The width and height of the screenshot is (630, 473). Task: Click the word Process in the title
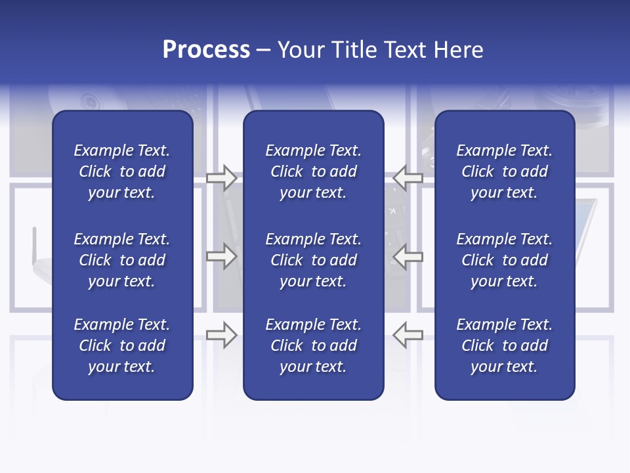pos(206,50)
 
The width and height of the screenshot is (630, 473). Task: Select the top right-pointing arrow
pos(221,177)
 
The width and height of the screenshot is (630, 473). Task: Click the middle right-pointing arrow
pos(221,256)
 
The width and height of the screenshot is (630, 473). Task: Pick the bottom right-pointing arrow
pos(221,335)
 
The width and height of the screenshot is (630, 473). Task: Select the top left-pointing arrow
pos(408,177)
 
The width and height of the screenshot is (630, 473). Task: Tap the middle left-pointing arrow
pos(408,256)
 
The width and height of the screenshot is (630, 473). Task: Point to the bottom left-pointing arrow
pos(408,335)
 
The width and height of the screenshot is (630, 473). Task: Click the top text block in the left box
pos(122,171)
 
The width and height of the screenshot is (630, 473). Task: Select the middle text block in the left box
pos(122,260)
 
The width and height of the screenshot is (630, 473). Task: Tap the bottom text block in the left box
pos(122,346)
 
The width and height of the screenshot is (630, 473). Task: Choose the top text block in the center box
pos(313,171)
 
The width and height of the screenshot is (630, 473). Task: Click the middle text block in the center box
pos(313,260)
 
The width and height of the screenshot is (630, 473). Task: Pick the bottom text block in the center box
pos(313,346)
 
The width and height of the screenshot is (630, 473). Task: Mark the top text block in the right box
pos(504,171)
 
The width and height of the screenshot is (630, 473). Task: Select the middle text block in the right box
pos(504,260)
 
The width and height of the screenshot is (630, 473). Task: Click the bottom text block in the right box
pos(504,346)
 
